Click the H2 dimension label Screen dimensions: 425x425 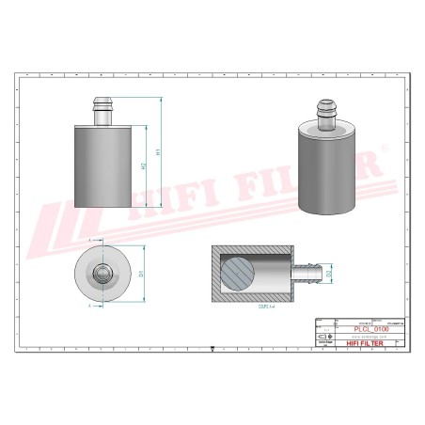[142, 166]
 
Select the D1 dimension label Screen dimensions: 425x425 [140, 274]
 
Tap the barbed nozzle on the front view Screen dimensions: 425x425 [102, 113]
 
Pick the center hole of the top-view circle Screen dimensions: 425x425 [102, 274]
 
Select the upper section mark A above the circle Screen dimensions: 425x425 [89, 242]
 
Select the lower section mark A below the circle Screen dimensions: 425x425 [89, 306]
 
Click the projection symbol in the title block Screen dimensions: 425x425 [323, 337]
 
